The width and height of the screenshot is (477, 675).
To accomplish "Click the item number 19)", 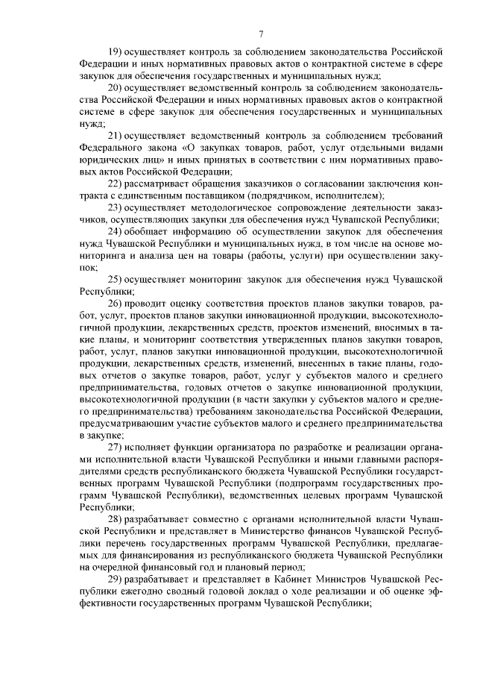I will click(x=115, y=51).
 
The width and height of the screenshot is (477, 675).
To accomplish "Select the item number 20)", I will click(x=115, y=87).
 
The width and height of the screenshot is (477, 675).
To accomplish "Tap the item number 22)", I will click(x=115, y=183).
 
